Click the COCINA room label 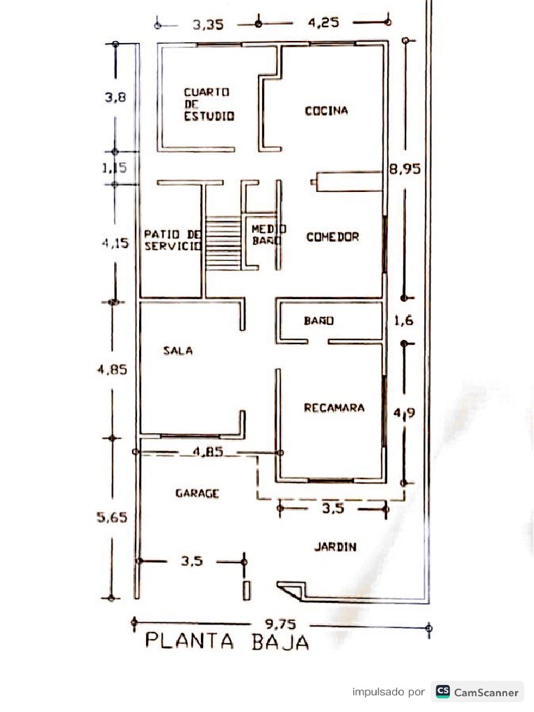point(326,111)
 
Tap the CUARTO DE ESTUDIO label point(209,104)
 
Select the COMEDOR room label point(332,237)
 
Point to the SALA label point(178,351)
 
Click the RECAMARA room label point(334,408)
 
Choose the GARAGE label point(197,494)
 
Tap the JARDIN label point(335,547)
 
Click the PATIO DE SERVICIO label point(172,240)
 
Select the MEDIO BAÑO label point(265,234)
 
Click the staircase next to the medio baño point(222,244)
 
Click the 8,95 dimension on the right point(405,168)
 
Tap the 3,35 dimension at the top point(208,24)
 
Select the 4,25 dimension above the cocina point(323,22)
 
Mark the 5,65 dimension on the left point(111,517)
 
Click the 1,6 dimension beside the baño point(403,321)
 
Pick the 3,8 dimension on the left point(115,98)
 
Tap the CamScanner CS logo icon point(443,692)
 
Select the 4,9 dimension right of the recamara point(404,413)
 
